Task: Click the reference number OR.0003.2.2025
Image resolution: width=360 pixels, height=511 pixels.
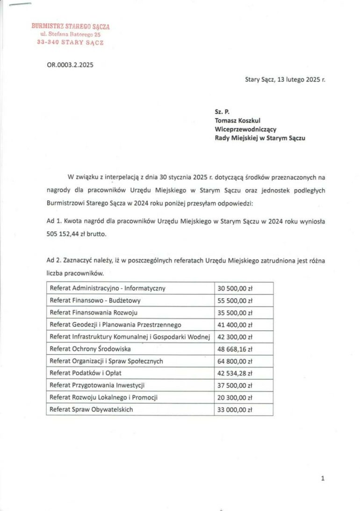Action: click(70, 65)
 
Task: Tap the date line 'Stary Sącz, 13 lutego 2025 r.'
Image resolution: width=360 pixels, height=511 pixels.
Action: click(285, 80)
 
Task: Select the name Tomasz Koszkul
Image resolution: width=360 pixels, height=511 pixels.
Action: click(238, 120)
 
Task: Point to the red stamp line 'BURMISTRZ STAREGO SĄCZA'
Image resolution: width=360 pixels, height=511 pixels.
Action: click(71, 27)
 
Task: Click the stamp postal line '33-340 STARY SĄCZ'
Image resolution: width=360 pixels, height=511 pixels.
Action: click(70, 42)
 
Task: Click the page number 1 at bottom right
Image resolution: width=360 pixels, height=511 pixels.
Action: click(323, 478)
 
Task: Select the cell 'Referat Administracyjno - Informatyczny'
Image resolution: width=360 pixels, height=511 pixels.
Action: click(108, 288)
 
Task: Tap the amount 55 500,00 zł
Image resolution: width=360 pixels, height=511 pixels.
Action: click(235, 300)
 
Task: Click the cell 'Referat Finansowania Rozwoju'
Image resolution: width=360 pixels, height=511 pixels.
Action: click(94, 313)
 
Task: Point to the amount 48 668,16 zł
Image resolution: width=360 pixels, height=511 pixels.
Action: click(235, 349)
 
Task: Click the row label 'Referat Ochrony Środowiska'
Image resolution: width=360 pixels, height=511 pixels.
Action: click(90, 349)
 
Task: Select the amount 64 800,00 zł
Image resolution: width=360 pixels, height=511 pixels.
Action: click(235, 361)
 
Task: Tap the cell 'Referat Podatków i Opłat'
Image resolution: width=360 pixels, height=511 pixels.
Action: click(86, 373)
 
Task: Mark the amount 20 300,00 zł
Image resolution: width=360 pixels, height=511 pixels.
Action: click(235, 398)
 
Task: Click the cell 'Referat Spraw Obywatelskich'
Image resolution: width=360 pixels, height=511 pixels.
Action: click(91, 409)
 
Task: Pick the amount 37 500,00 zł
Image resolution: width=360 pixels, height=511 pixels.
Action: click(235, 386)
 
